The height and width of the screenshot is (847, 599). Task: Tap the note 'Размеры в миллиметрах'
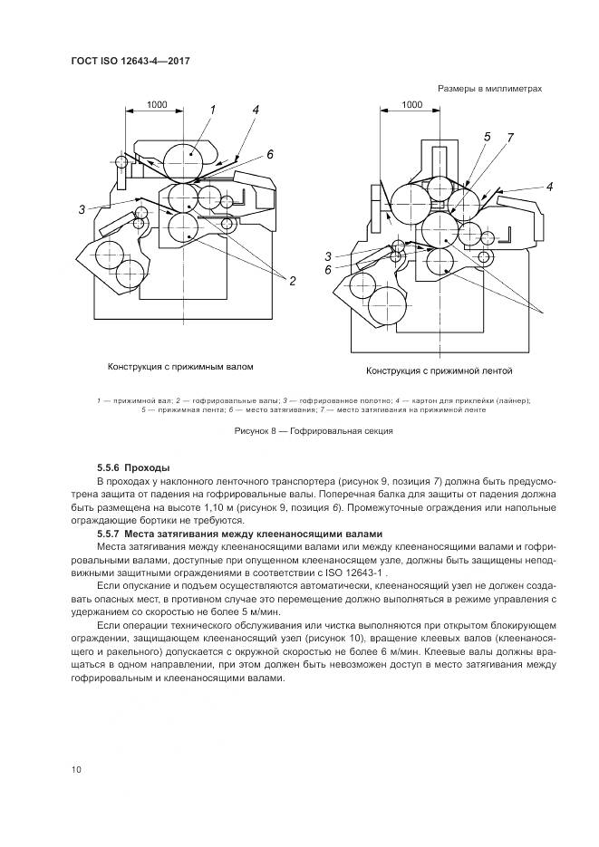point(490,89)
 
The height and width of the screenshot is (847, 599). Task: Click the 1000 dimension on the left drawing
point(156,105)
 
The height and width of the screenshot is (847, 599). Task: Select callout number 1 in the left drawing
point(213,110)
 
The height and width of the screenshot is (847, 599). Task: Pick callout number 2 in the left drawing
point(293,282)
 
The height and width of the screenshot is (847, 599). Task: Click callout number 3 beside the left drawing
point(81,209)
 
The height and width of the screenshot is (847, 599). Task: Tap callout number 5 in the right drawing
point(487,137)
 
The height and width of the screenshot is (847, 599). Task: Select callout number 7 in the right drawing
point(510,137)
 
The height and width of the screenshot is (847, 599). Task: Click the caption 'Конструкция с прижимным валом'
point(179,368)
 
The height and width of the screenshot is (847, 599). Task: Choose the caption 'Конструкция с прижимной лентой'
point(440,371)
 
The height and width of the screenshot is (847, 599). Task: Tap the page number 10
point(77,769)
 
